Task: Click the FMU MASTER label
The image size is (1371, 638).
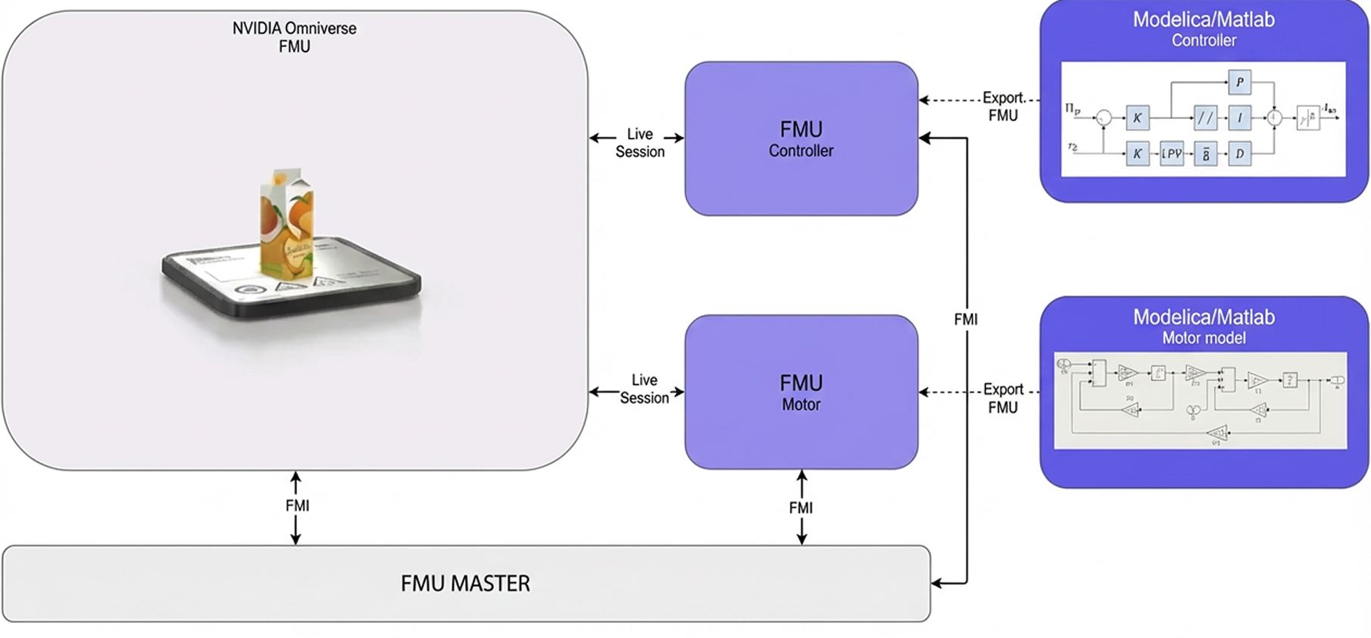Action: [465, 583]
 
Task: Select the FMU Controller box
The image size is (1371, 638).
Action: [801, 139]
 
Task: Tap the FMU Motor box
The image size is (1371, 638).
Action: [801, 392]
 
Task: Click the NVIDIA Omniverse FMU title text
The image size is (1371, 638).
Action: [294, 37]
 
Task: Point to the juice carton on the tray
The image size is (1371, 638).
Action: [286, 224]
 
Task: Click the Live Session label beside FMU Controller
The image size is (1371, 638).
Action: [639, 142]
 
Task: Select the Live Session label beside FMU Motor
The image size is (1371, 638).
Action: [644, 389]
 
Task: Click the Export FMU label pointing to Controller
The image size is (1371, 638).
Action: [1003, 107]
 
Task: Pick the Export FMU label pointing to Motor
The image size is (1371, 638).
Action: [1003, 398]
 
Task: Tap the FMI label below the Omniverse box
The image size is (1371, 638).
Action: [297, 505]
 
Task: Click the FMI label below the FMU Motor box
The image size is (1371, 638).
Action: [801, 508]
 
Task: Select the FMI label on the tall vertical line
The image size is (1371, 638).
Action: [966, 320]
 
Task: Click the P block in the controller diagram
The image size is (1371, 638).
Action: [1239, 82]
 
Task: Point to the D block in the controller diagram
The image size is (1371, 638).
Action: [1239, 154]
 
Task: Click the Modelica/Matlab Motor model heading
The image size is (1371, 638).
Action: [1204, 326]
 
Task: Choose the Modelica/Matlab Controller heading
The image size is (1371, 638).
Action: [1204, 28]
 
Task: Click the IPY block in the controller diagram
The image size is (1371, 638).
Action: [1171, 154]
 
